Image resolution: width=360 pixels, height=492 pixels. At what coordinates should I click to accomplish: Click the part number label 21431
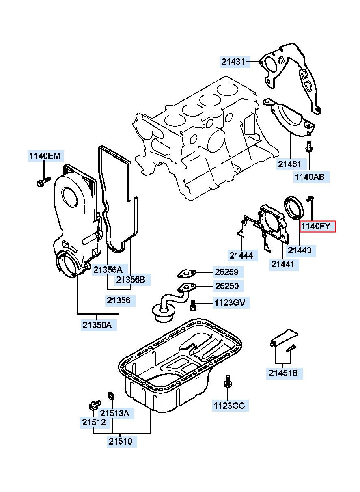[233, 62]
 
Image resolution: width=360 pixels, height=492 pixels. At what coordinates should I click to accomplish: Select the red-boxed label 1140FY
[318, 227]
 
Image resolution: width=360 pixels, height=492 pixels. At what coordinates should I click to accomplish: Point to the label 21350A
[97, 325]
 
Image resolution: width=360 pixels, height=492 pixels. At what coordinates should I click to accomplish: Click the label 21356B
[130, 279]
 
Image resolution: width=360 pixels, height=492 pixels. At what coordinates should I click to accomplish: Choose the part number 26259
[226, 272]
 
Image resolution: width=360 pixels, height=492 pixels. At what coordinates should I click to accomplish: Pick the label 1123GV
[229, 302]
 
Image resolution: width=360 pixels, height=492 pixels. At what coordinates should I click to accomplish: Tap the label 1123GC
[230, 405]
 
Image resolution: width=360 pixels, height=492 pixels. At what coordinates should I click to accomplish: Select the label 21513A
[114, 413]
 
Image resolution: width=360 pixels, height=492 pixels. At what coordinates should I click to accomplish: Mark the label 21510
[120, 441]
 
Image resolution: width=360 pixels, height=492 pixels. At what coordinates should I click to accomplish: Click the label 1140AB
[309, 177]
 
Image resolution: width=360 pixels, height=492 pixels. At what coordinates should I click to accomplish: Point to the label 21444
[241, 255]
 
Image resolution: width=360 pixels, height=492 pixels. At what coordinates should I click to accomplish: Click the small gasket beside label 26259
[186, 274]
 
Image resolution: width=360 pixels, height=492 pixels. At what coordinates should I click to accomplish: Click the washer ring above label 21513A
[110, 395]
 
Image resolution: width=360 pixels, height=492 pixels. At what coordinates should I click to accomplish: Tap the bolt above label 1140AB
[309, 148]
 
